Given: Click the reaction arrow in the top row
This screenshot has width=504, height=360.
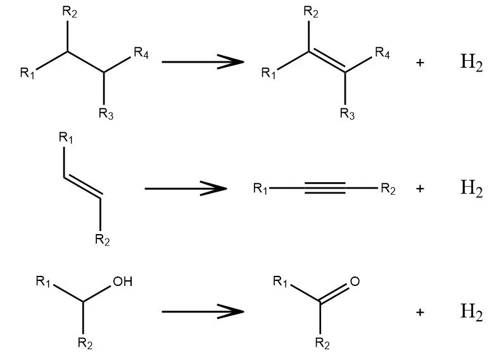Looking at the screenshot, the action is (203, 61).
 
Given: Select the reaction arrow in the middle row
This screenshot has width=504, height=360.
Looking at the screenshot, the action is (186, 189).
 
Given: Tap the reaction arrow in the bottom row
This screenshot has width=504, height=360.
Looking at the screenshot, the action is (203, 311).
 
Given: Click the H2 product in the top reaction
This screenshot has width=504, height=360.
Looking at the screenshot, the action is (472, 63).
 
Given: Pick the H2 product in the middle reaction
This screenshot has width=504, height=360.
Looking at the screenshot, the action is (472, 188).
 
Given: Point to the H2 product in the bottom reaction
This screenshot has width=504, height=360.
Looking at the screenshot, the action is (472, 312).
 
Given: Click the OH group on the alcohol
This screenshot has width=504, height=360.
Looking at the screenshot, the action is (122, 282).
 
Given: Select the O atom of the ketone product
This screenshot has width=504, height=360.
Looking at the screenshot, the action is (355, 282).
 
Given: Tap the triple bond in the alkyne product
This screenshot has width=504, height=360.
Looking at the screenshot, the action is (325, 188).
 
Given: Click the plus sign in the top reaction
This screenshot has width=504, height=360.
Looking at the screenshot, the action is (420, 63).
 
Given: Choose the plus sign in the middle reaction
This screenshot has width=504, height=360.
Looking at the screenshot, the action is (420, 189).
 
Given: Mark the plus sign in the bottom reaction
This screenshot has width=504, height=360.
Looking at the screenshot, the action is (420, 312).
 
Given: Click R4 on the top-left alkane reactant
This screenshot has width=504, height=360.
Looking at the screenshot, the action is (141, 53).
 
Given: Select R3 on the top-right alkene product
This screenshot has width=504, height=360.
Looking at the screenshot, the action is (348, 114).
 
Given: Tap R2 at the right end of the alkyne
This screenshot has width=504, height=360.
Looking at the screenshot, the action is (388, 189).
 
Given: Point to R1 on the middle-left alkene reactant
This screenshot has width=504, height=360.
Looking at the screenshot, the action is (66, 138).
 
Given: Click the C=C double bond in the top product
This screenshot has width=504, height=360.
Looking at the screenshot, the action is (327, 60).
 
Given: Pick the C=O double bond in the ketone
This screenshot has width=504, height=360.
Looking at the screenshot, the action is (334, 293).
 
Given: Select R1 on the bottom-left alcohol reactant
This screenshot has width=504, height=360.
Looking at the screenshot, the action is (43, 282).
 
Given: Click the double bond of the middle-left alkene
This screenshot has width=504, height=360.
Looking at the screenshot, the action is (82, 186).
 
